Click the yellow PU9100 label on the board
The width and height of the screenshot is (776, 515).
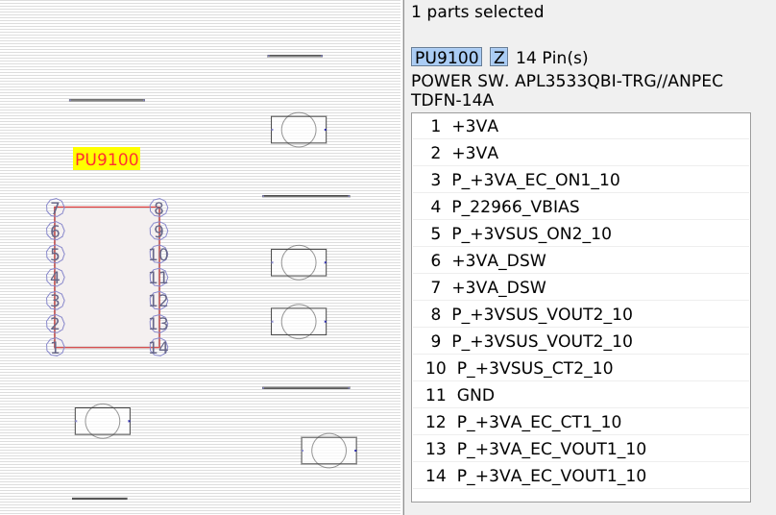pyautogui.click(x=107, y=159)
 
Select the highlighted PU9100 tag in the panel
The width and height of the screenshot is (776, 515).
pyautogui.click(x=447, y=58)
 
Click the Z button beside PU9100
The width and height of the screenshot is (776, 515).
pyautogui.click(x=498, y=58)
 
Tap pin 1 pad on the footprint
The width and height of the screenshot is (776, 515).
pyautogui.click(x=55, y=347)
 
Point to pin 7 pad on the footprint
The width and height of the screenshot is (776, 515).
pyautogui.click(x=55, y=208)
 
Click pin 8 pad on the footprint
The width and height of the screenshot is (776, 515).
pyautogui.click(x=158, y=208)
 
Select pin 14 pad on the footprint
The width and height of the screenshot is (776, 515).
pyautogui.click(x=158, y=347)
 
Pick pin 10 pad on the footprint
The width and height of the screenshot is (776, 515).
pyautogui.click(x=158, y=255)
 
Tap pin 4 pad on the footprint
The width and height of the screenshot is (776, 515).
pyautogui.click(x=55, y=278)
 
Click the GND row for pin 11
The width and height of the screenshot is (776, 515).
pyautogui.click(x=475, y=395)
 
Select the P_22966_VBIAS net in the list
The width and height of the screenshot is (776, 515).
pyautogui.click(x=516, y=207)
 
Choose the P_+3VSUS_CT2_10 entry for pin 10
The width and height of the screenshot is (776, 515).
pyautogui.click(x=535, y=368)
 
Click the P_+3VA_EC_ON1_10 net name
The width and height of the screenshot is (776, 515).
pyautogui.click(x=536, y=180)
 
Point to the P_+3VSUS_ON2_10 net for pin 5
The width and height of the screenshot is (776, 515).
pyautogui.click(x=532, y=233)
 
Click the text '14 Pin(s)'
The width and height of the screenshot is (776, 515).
pyautogui.click(x=552, y=58)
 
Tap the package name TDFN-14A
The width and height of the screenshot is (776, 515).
pyautogui.click(x=452, y=100)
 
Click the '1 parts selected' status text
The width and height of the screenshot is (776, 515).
pyautogui.click(x=477, y=12)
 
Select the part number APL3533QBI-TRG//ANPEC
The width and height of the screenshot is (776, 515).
pyautogui.click(x=618, y=81)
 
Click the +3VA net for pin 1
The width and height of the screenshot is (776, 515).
pyautogui.click(x=475, y=126)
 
